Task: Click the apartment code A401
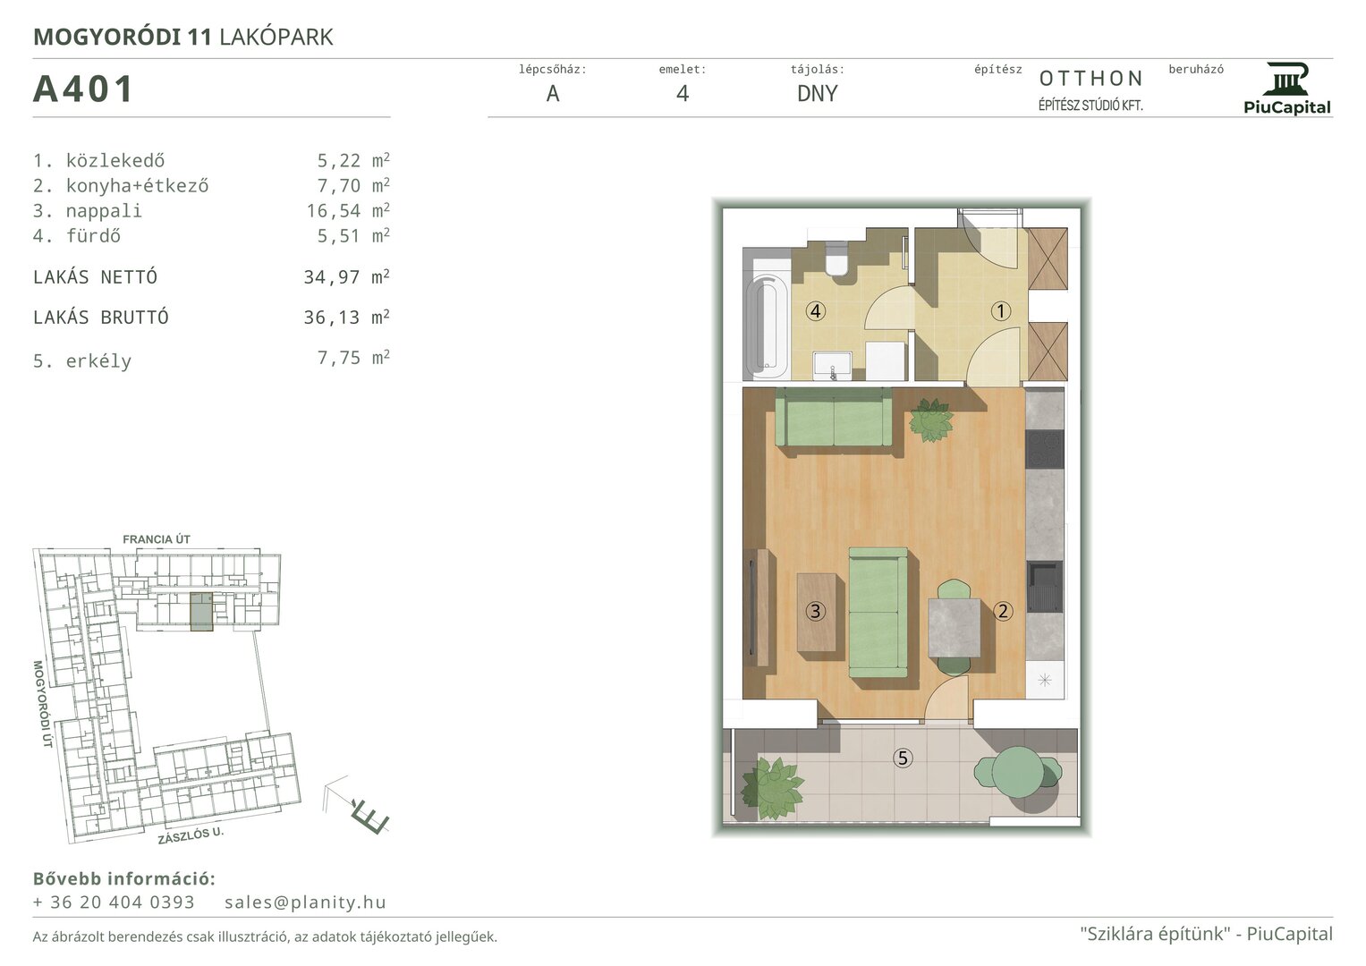tap(83, 89)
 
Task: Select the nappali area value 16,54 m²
tap(348, 210)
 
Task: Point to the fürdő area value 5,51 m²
tap(353, 235)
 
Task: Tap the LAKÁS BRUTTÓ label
tap(100, 318)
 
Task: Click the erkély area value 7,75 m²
tap(353, 358)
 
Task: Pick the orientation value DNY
tap(817, 93)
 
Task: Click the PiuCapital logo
tap(1286, 89)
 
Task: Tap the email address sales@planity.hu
tap(305, 902)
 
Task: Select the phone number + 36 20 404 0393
tap(114, 902)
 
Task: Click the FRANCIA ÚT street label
tap(157, 539)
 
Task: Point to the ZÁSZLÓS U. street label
tap(191, 835)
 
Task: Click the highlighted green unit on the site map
tap(201, 610)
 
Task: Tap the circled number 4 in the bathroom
tap(815, 311)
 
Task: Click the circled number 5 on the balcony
tap(903, 758)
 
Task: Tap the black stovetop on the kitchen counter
tap(1045, 449)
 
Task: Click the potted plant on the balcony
tap(771, 788)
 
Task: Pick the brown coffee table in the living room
tap(817, 612)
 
